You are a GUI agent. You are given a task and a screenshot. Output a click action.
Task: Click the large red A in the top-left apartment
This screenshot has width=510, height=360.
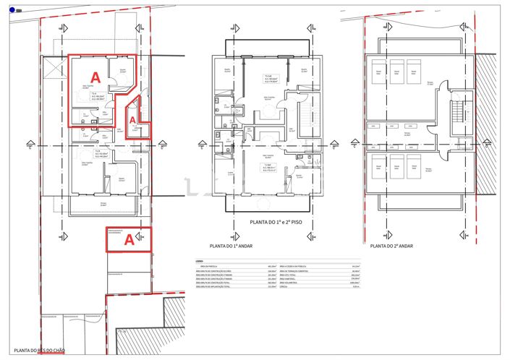(94, 75)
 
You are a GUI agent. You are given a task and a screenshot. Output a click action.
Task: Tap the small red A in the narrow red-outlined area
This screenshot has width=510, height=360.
(133, 121)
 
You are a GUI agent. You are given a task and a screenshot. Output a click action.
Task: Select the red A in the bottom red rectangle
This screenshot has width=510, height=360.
(128, 238)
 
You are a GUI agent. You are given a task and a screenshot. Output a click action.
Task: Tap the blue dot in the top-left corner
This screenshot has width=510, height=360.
(12, 9)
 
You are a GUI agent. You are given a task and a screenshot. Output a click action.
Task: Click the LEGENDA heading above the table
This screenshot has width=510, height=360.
(199, 261)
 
